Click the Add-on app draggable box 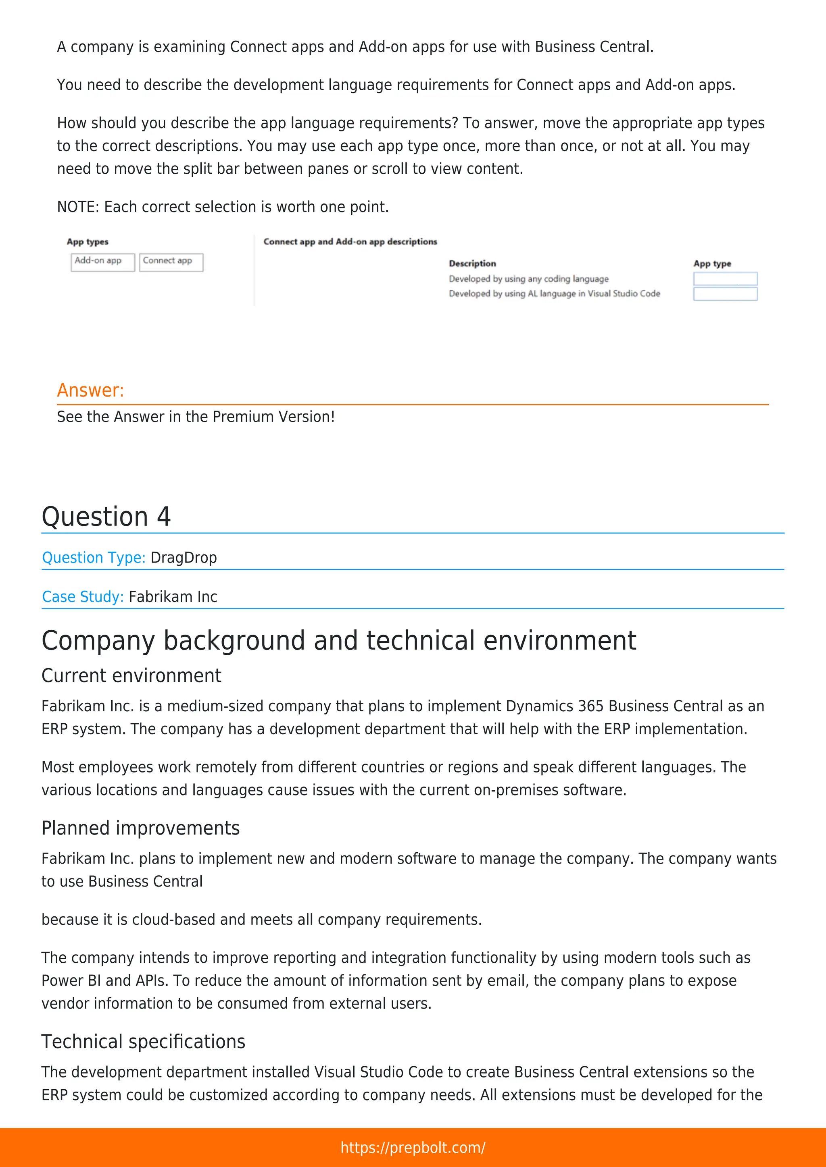click(103, 262)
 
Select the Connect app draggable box click(171, 262)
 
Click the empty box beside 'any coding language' click(725, 278)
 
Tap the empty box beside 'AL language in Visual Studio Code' click(725, 294)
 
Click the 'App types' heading click(88, 242)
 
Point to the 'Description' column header click(472, 263)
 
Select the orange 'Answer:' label click(90, 390)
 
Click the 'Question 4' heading click(106, 517)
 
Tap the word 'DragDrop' click(184, 558)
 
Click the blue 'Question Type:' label click(94, 558)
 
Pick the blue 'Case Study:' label click(82, 597)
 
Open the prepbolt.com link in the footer click(413, 1147)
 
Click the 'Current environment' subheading click(131, 675)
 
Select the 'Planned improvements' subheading click(140, 828)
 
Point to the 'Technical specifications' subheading click(144, 1041)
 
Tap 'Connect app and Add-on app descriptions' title click(350, 242)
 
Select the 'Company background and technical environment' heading click(338, 640)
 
